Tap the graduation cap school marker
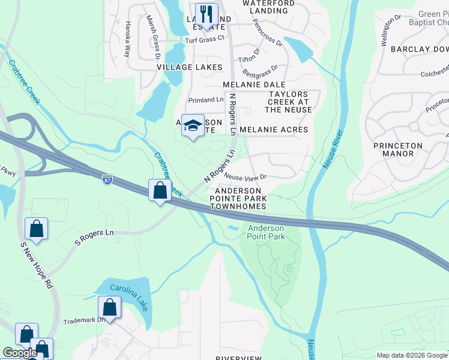[x=193, y=125]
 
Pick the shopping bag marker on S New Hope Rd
[x=36, y=229]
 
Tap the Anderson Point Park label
[x=267, y=232]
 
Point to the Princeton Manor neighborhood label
[x=397, y=149]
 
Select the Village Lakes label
[x=190, y=67]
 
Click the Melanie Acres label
[x=274, y=130]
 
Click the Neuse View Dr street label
[x=246, y=177]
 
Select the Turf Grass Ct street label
[x=204, y=39]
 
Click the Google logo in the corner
[x=20, y=353]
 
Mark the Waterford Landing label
[x=268, y=7]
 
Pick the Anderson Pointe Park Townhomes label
[x=238, y=199]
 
